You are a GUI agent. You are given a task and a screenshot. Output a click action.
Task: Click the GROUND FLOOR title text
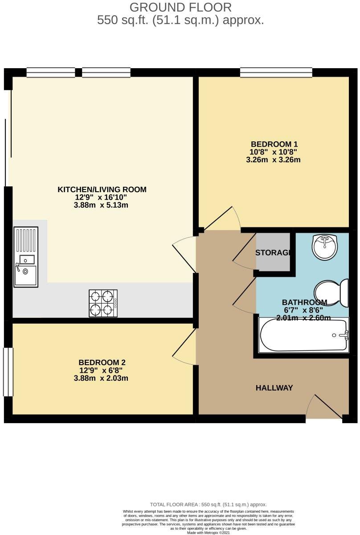coord(180,7)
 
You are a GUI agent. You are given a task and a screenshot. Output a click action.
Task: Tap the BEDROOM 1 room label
coord(274,144)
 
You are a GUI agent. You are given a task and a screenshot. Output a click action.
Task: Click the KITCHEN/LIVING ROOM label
coord(102,189)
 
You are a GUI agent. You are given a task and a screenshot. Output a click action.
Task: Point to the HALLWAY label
coord(274,388)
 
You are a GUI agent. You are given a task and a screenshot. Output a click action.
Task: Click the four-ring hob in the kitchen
coord(103,303)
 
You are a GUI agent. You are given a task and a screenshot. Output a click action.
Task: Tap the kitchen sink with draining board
coord(26,256)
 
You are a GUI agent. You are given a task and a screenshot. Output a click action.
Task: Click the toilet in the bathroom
coord(332,292)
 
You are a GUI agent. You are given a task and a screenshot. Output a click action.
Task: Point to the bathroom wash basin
coord(325,246)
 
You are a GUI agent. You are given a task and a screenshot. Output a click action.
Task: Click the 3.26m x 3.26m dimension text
coord(273,159)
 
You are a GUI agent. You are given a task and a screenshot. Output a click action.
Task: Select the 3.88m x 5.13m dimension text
coord(102,205)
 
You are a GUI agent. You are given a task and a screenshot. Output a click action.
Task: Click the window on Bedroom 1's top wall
coord(276,72)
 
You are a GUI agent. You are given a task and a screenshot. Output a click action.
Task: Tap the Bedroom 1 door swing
coord(225,218)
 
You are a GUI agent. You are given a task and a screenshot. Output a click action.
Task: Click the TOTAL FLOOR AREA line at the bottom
coord(208,504)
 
